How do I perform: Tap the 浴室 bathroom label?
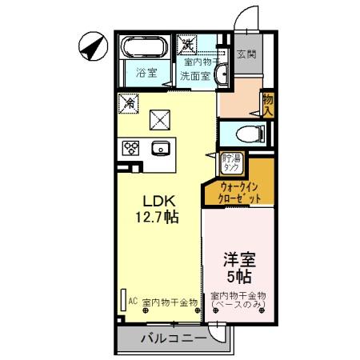[145, 73]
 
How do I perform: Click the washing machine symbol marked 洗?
[186, 42]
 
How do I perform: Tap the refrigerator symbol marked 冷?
[127, 102]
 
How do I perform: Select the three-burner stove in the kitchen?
[131, 147]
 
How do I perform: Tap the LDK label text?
[159, 200]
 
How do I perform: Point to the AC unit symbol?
[125, 299]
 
